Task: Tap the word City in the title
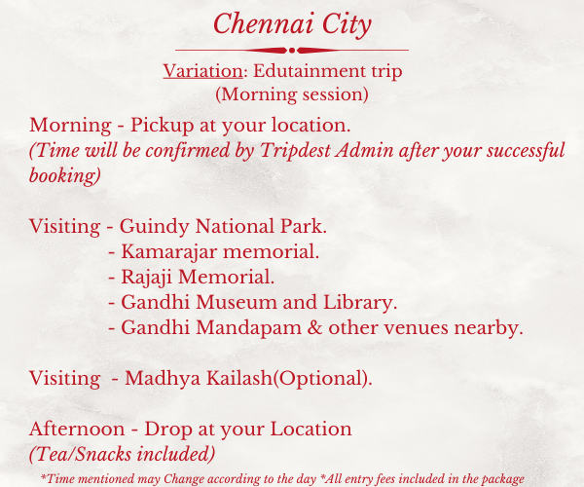[347, 25]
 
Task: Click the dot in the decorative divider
[292, 50]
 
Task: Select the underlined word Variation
[203, 71]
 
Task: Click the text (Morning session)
[292, 94]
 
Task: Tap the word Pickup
[162, 126]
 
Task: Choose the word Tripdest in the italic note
[295, 151]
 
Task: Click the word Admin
[364, 151]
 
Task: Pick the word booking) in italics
[65, 175]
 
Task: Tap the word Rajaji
[146, 278]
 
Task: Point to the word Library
[360, 303]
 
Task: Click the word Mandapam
[248, 328]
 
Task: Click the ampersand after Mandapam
[314, 328]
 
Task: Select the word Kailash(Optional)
[289, 379]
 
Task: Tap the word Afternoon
[77, 429]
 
